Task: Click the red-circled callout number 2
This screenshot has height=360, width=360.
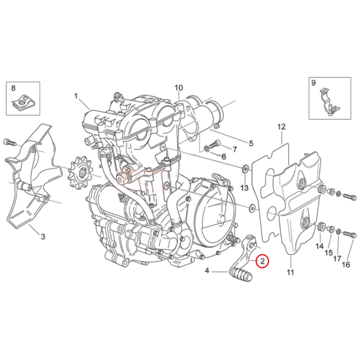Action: point(262,261)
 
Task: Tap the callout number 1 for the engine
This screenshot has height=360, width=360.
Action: point(76,96)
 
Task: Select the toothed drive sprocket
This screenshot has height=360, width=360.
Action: point(79,171)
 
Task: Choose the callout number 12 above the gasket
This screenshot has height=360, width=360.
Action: point(281,127)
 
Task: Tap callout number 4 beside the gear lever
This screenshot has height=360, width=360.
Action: point(207,271)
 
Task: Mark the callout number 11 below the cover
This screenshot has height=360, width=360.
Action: point(290,273)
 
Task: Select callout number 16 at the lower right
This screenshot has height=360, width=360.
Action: point(346,265)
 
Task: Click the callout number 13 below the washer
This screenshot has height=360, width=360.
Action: point(244,188)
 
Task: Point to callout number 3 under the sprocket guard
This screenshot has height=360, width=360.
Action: point(43,237)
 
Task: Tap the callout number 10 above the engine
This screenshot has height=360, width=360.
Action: point(179,88)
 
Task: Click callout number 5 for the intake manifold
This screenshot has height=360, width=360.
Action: point(251,144)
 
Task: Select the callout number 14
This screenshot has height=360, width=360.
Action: point(320,246)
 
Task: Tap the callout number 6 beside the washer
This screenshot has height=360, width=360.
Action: point(224,157)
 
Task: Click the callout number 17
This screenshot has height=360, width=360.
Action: point(337,259)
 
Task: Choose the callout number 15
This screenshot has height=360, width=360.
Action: point(329,253)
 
